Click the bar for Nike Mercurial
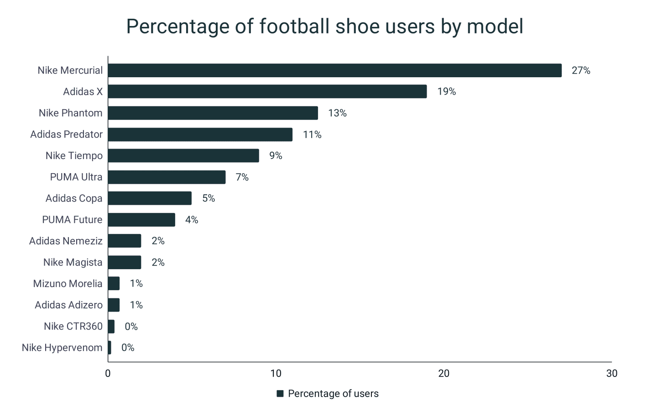334,70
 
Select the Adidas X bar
267,91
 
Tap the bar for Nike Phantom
213,113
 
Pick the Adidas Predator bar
200,134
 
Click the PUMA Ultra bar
167,177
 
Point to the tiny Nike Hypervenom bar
109,348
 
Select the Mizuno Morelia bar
114,283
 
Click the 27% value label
581,70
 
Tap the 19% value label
446,91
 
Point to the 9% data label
276,156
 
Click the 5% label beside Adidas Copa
209,198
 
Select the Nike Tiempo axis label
74,156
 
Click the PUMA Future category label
72,220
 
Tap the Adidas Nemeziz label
66,241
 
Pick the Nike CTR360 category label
73,326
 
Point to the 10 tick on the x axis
276,373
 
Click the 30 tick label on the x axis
611,373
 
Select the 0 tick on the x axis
108,373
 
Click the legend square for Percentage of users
280,393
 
